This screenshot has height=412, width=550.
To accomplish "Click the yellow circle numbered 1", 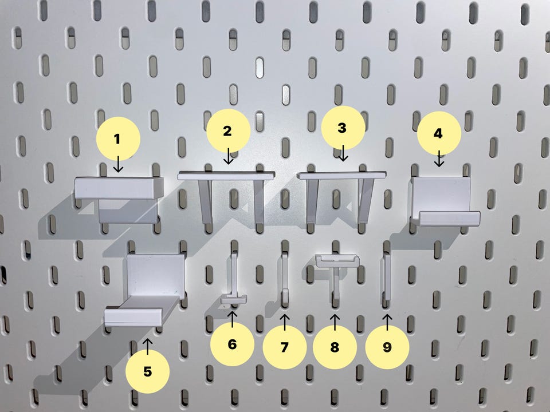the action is click(118, 138).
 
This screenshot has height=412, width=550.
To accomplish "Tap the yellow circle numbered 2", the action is click(229, 130).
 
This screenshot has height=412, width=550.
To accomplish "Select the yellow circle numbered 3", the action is click(343, 128).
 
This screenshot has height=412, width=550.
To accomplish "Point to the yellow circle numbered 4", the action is click(439, 133).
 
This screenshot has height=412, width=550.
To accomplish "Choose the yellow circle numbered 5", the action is click(147, 371).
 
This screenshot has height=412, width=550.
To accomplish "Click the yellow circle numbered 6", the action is click(232, 344).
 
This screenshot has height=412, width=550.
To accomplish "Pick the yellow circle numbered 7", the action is click(285, 347).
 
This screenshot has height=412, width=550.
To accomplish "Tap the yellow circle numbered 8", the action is click(335, 347).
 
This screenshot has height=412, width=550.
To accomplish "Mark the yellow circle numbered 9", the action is click(387, 347).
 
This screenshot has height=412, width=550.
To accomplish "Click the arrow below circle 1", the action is click(118, 164).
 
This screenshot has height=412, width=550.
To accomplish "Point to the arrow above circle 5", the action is click(148, 346).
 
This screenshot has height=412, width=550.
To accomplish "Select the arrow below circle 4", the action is click(439, 159).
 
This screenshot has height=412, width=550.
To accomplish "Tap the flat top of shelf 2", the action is click(226, 175).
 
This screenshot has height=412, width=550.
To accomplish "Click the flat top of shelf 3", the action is click(341, 175).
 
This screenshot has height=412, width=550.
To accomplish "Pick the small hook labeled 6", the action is click(234, 280).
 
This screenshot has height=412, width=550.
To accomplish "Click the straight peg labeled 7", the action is click(285, 279).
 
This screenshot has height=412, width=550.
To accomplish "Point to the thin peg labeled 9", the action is click(387, 277).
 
